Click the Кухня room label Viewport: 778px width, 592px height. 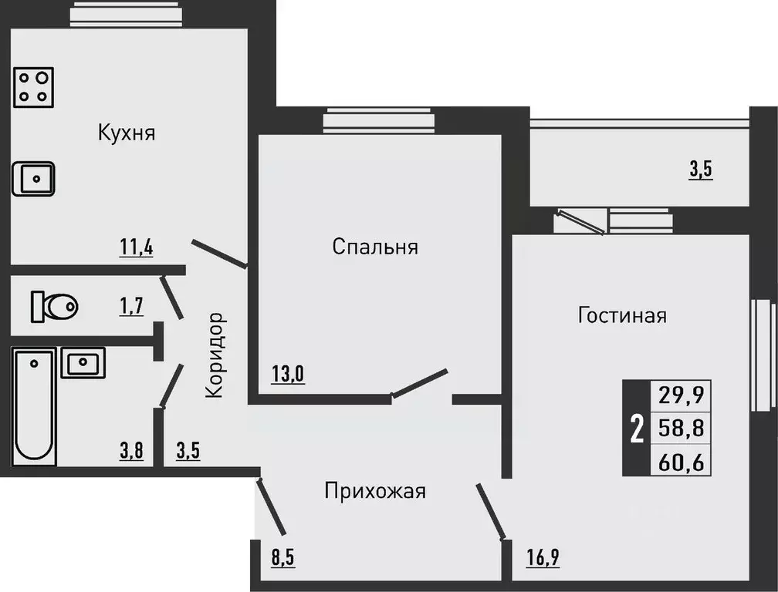click(127, 133)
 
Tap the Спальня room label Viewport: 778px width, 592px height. click(375, 247)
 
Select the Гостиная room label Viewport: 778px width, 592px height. click(622, 315)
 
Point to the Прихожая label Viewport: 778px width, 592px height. click(375, 490)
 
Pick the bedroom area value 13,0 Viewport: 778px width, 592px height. click(288, 375)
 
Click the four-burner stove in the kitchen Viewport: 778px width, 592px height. click(34, 86)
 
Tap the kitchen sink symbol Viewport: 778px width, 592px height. click(33, 180)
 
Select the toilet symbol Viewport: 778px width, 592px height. click(54, 307)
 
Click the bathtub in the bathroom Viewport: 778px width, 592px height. click(35, 406)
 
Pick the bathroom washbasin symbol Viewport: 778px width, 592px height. click(83, 362)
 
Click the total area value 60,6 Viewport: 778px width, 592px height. click(681, 462)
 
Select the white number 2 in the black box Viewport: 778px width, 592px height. click(637, 429)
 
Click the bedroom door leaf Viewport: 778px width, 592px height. click(419, 384)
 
